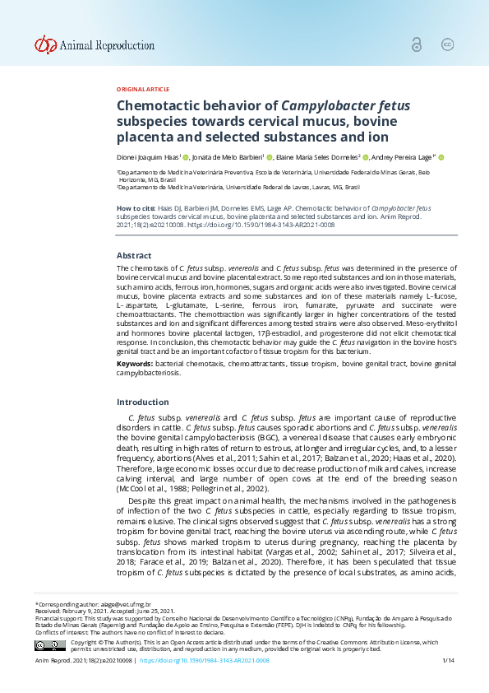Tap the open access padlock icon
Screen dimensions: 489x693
[x=418, y=45]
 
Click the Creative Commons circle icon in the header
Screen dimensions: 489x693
[x=448, y=45]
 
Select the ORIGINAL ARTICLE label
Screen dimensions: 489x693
[x=143, y=89]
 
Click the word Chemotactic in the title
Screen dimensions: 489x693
[x=157, y=105]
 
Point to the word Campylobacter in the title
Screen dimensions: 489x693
[x=326, y=105]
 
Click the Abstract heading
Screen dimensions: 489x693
[x=134, y=256]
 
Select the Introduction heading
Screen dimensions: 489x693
[x=142, y=402]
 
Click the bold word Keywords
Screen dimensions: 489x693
[x=134, y=363]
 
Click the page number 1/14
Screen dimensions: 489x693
[x=448, y=661]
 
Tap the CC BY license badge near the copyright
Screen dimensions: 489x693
[x=49, y=645]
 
